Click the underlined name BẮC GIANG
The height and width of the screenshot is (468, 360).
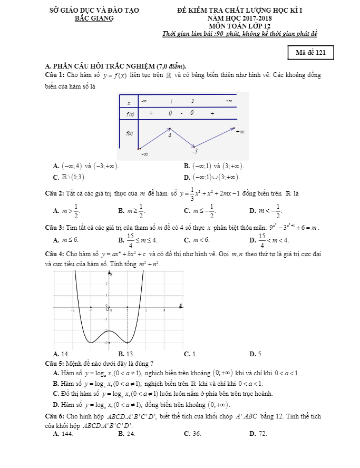[94, 18]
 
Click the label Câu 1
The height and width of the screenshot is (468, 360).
[55, 75]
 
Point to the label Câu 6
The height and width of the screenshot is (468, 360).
[55, 415]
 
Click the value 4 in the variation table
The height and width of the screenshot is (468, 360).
[170, 135]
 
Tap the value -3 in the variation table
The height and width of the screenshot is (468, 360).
[194, 151]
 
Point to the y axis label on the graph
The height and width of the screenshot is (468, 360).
[111, 274]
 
